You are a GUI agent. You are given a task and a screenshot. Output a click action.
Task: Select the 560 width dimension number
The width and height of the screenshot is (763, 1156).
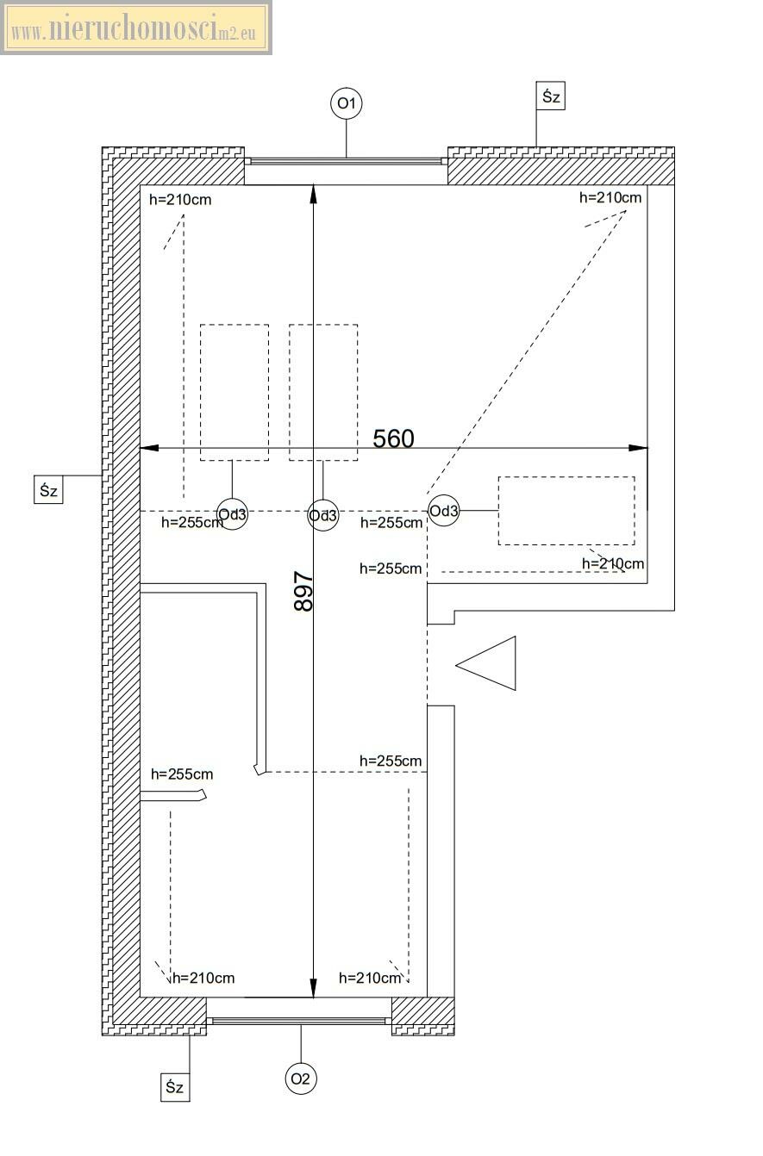tap(394, 438)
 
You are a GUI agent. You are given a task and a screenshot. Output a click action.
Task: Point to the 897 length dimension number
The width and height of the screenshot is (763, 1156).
tap(303, 591)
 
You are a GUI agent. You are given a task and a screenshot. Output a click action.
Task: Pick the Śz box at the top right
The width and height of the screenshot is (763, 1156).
tap(551, 96)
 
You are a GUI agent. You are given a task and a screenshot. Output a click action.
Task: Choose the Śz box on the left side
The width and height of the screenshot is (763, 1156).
tap(48, 490)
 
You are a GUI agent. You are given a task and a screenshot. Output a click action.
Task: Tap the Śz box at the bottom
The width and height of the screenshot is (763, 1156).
tap(175, 1087)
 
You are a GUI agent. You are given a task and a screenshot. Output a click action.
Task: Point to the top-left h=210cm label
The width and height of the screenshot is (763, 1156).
tap(180, 200)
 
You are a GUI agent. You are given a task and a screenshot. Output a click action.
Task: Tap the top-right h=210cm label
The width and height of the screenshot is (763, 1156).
tap(610, 197)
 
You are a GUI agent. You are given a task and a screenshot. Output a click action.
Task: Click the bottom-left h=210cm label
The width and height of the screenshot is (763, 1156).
tap(203, 978)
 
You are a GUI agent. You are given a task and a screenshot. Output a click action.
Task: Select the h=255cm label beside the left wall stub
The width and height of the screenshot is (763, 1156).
tap(182, 774)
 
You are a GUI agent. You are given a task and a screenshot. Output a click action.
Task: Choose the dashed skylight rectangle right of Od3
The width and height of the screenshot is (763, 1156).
tap(566, 511)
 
